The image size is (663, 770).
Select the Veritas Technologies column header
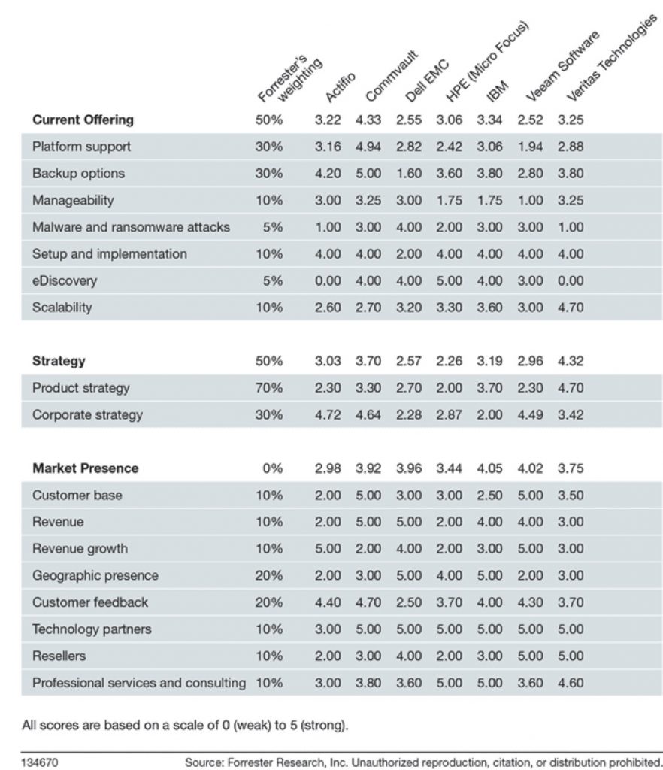tap(611, 58)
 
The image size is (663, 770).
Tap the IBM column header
tap(497, 91)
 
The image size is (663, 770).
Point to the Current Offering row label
tap(83, 120)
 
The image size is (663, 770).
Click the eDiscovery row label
tap(65, 281)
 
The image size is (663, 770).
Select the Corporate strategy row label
tap(87, 415)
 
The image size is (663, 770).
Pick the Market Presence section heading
tap(86, 468)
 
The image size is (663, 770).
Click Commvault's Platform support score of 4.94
tap(368, 147)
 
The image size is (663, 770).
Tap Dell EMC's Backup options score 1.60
tap(409, 174)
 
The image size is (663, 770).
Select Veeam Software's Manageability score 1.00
tap(530, 200)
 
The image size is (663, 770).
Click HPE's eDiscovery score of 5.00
tap(449, 281)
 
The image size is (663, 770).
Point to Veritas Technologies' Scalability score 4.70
tap(571, 308)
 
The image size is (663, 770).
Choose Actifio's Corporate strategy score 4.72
tap(328, 415)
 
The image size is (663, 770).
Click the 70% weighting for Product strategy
tap(269, 388)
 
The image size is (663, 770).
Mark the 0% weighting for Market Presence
tap(273, 468)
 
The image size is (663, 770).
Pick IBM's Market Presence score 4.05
tap(489, 468)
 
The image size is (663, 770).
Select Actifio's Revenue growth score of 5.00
tap(328, 548)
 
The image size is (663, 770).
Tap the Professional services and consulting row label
tap(139, 683)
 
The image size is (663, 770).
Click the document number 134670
tap(39, 762)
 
